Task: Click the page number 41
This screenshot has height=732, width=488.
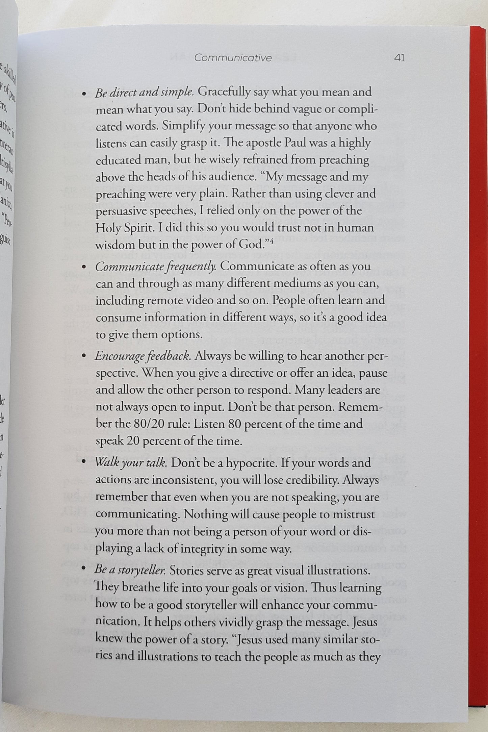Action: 399,58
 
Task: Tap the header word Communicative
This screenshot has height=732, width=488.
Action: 233,58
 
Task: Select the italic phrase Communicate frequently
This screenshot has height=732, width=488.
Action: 156,267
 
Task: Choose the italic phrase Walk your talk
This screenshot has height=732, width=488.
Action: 131,462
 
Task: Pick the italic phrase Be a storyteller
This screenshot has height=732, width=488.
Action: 130,571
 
